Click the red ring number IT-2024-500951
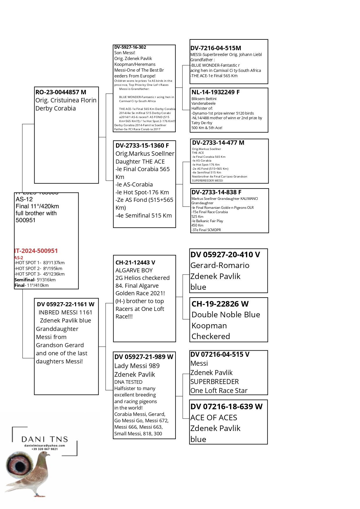click(x=36, y=251)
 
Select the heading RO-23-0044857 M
click(x=61, y=92)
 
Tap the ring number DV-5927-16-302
click(x=130, y=47)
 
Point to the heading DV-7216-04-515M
click(x=216, y=48)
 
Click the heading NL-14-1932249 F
click(x=215, y=92)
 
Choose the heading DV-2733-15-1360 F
click(x=142, y=146)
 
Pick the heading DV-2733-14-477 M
click(x=218, y=143)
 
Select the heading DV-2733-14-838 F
click(x=216, y=192)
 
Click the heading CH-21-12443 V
click(x=135, y=262)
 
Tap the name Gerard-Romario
click(x=220, y=265)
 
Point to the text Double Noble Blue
click(x=226, y=315)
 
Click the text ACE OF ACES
click(x=214, y=418)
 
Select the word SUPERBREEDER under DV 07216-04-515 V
click(x=214, y=382)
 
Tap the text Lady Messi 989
click(x=137, y=366)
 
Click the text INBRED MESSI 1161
click(x=65, y=312)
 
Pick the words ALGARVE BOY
click(x=134, y=270)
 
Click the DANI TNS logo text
click(x=45, y=439)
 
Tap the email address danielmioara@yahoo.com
click(x=45, y=445)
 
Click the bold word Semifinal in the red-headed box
click(x=24, y=280)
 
